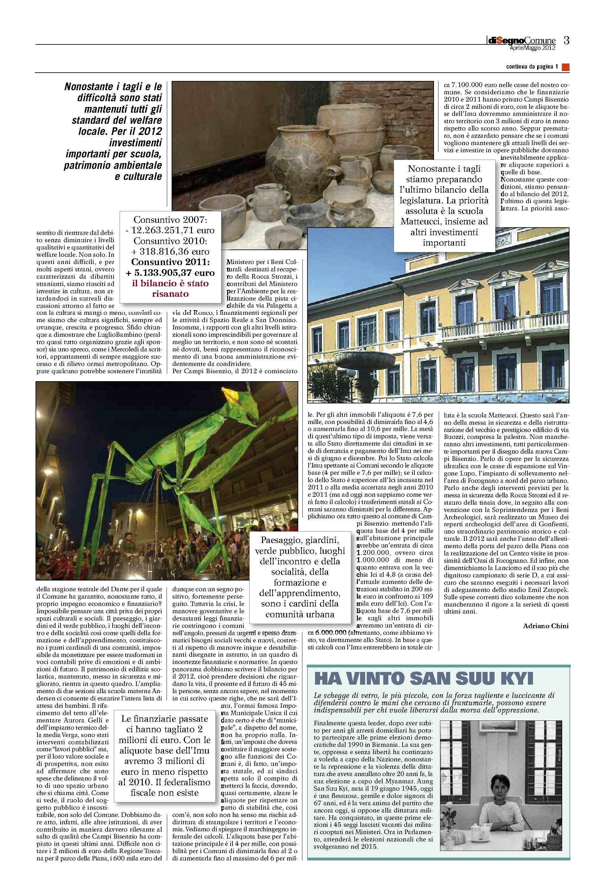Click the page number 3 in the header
tap(566, 40)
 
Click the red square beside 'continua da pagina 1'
tap(565, 67)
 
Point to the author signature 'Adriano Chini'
tap(545, 626)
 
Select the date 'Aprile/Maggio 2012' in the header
tap(532, 48)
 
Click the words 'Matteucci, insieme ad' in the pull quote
tap(444, 221)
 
